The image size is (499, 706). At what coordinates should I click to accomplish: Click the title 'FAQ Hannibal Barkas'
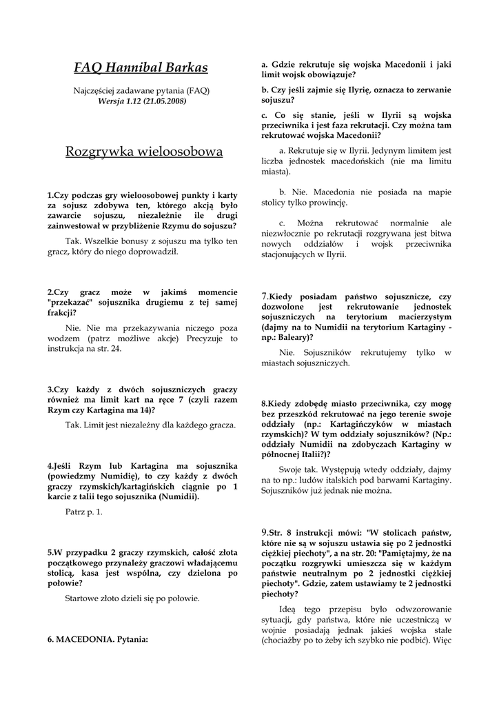[x=141, y=68]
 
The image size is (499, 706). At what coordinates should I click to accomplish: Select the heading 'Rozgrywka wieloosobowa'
[x=144, y=151]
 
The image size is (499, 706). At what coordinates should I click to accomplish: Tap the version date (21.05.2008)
[x=166, y=101]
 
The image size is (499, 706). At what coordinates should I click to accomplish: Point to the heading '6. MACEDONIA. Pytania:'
[x=98, y=639]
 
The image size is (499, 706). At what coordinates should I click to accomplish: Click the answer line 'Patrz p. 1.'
[x=83, y=512]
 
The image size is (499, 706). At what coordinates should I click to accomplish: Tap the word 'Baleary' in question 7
[x=292, y=337]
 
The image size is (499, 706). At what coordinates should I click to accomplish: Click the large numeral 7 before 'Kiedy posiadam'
[x=264, y=296]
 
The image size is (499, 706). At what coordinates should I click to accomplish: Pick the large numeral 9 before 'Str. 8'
[x=264, y=533]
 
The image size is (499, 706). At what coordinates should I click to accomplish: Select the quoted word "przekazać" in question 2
[x=74, y=302]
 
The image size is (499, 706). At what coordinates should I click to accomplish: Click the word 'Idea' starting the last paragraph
[x=287, y=609]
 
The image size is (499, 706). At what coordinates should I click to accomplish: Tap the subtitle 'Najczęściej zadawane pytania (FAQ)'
[x=141, y=90]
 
